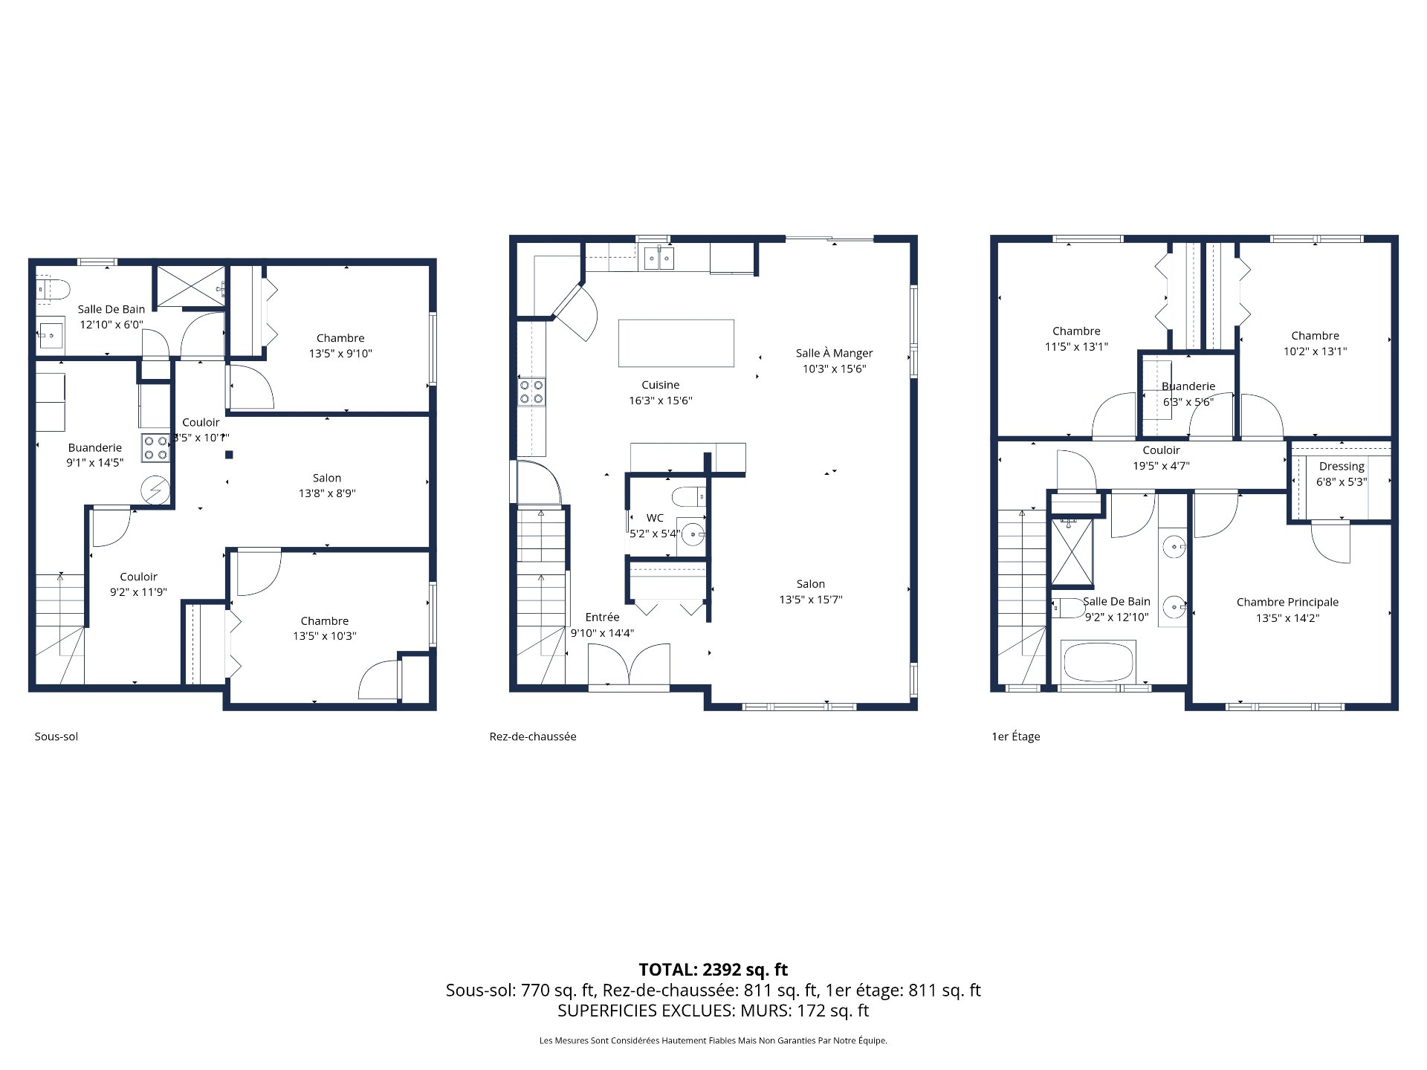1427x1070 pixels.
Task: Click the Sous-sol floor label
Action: coord(56,736)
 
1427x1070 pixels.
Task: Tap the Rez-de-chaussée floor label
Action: coord(532,736)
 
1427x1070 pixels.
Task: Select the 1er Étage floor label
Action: coord(1015,736)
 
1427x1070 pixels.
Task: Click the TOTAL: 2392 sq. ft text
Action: coord(713,969)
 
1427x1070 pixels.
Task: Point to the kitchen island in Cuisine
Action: coord(676,343)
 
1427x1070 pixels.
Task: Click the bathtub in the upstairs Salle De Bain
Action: coord(1098,661)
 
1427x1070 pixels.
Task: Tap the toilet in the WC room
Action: coord(688,496)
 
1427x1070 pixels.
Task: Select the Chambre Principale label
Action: coord(1287,602)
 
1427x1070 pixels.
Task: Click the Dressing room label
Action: coord(1342,466)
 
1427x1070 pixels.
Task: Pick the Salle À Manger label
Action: coord(834,353)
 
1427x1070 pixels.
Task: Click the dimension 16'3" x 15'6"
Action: coord(660,401)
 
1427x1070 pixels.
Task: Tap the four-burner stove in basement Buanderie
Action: coord(155,447)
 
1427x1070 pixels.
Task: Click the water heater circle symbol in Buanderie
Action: coord(156,490)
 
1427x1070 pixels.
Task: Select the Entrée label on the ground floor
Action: coord(602,617)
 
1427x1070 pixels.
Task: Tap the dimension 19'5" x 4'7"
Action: coord(1161,466)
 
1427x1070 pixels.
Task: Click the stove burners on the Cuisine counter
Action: coord(531,392)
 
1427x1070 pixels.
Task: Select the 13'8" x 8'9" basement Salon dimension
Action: coord(327,493)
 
